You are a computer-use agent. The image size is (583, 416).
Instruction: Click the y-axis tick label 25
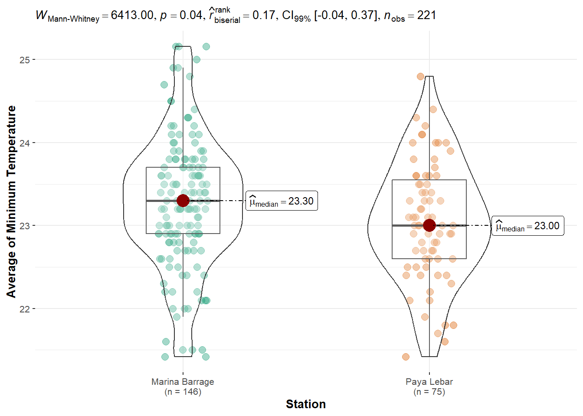point(24,60)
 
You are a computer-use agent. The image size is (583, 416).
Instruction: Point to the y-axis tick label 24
point(24,143)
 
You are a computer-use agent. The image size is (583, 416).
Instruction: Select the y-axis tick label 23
point(24,226)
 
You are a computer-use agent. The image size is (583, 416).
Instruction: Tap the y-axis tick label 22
point(24,309)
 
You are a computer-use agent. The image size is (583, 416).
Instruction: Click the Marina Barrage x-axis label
point(183,382)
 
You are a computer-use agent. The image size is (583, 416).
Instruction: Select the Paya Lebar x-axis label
point(429,382)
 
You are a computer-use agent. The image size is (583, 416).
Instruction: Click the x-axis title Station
point(305,404)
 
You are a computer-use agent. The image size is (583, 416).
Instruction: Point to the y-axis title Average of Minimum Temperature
point(11,201)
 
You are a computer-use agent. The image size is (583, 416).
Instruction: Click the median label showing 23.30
point(282,201)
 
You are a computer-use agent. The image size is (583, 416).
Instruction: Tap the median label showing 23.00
point(527,226)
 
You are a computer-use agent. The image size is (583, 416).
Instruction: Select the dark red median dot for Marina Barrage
point(183,201)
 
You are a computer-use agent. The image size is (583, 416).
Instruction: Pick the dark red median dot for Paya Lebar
point(429,225)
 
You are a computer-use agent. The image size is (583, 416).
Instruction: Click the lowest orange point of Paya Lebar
point(406,357)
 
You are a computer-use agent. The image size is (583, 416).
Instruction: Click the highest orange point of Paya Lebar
point(420,77)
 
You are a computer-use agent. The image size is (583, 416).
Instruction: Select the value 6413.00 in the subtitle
point(132,16)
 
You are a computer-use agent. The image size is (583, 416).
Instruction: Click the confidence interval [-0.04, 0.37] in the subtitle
point(345,16)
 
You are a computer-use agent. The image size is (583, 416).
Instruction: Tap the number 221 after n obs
point(426,16)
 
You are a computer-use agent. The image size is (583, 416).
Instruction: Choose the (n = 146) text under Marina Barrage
point(183,392)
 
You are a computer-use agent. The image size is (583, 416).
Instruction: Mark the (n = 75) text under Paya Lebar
point(429,392)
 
